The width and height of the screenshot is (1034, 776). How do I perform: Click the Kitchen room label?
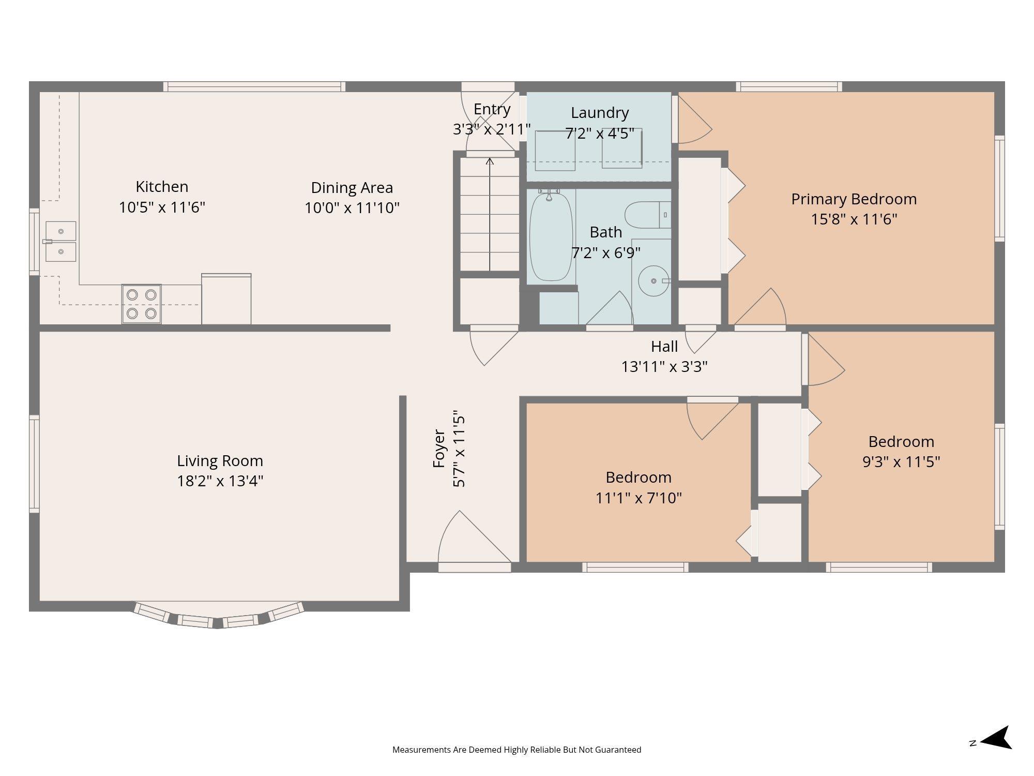pos(162,186)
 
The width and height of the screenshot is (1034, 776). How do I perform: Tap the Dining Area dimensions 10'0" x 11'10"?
pos(352,208)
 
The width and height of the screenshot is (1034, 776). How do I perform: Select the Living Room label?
pos(220,460)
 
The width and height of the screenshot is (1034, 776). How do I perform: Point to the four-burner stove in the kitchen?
pos(142,304)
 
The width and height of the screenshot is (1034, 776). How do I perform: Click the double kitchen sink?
pos(61,242)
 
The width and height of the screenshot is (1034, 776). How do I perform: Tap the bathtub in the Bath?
pos(551,236)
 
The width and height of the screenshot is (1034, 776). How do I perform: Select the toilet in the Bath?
pos(648,215)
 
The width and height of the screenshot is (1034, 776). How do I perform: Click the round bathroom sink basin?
pos(653,281)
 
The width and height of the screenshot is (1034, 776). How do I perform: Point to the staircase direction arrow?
pos(490,214)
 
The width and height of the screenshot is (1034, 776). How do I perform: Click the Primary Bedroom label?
pos(854,199)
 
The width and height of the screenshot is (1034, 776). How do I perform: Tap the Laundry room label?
pos(600,113)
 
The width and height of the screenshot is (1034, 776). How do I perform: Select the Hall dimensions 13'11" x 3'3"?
pos(664,367)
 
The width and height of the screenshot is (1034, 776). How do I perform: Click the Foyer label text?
pos(439,449)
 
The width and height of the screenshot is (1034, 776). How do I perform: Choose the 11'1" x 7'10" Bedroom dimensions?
pos(638,498)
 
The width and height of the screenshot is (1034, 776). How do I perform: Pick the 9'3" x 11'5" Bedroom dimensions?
pos(901,461)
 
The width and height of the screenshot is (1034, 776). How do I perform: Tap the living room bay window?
pos(218,615)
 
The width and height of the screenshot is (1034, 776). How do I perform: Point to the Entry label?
pos(492,109)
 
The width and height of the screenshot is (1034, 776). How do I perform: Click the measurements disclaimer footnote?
pos(517,750)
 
